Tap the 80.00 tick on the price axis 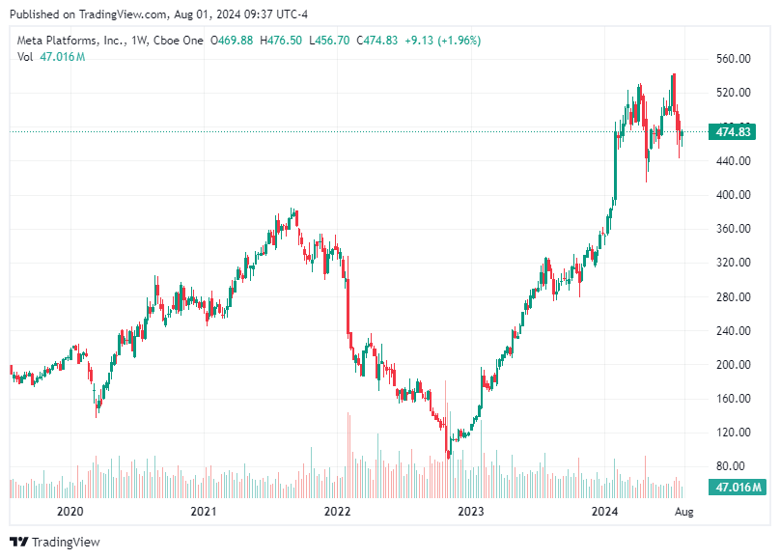point(734,467)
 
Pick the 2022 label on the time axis point(337,512)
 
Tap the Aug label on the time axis point(682,512)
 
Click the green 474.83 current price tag point(730,131)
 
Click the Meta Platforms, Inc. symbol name point(70,41)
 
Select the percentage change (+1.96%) point(458,41)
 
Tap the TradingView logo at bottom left point(55,542)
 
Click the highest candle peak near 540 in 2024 point(674,73)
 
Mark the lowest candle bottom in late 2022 point(448,456)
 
